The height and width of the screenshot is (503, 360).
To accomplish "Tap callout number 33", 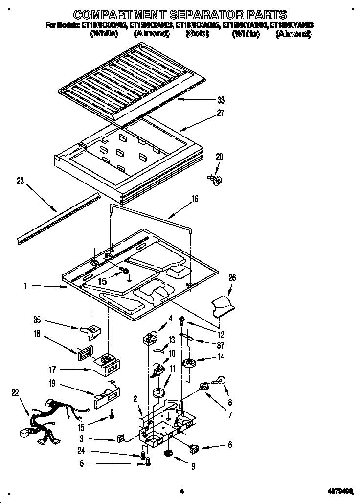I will tap(221, 100).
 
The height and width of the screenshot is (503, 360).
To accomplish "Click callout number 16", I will tap(195, 199).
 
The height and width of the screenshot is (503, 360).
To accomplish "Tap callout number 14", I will tap(221, 357).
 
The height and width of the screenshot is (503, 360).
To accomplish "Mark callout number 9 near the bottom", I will tap(193, 467).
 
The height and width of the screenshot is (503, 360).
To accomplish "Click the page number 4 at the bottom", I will tap(181, 491).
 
